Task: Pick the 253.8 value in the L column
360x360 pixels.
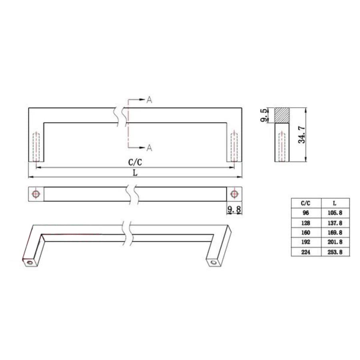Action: tap(334, 252)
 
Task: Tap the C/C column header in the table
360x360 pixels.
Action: tap(306, 203)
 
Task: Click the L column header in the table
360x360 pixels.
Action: tap(334, 203)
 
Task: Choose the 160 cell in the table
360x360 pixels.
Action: tap(306, 232)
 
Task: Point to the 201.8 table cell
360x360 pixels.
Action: tap(334, 242)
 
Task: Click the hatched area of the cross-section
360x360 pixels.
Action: tap(282, 115)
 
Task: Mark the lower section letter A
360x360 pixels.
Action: tap(149, 148)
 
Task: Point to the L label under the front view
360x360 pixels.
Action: tap(135, 173)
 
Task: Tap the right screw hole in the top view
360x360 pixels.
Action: tap(234, 194)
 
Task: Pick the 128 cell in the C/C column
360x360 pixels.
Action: tap(306, 223)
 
